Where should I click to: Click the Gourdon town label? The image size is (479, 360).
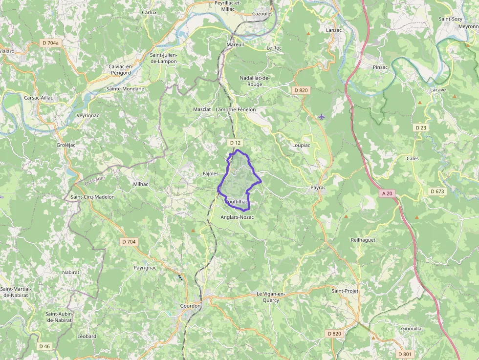[190, 306]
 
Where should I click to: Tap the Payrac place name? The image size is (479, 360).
[318, 188]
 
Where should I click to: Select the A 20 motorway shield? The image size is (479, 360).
[387, 193]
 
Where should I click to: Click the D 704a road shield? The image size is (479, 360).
[50, 43]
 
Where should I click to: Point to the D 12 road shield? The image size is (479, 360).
[236, 143]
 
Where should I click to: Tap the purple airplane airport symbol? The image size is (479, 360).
[321, 117]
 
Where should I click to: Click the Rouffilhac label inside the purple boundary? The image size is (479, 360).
[237, 202]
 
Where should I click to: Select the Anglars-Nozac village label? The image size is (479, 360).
[237, 217]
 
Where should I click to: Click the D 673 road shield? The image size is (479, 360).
[437, 191]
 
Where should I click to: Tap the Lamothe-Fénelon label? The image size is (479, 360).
[236, 109]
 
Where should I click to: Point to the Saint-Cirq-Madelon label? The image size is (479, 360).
[92, 197]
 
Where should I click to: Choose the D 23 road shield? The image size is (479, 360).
[421, 127]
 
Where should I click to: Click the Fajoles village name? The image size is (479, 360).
[210, 173]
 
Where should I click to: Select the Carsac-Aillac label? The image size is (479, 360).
[38, 98]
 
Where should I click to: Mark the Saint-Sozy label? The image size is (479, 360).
[450, 19]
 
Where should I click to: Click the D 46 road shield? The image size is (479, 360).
[44, 346]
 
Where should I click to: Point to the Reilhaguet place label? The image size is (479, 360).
[363, 240]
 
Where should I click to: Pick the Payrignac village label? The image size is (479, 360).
[145, 268]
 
